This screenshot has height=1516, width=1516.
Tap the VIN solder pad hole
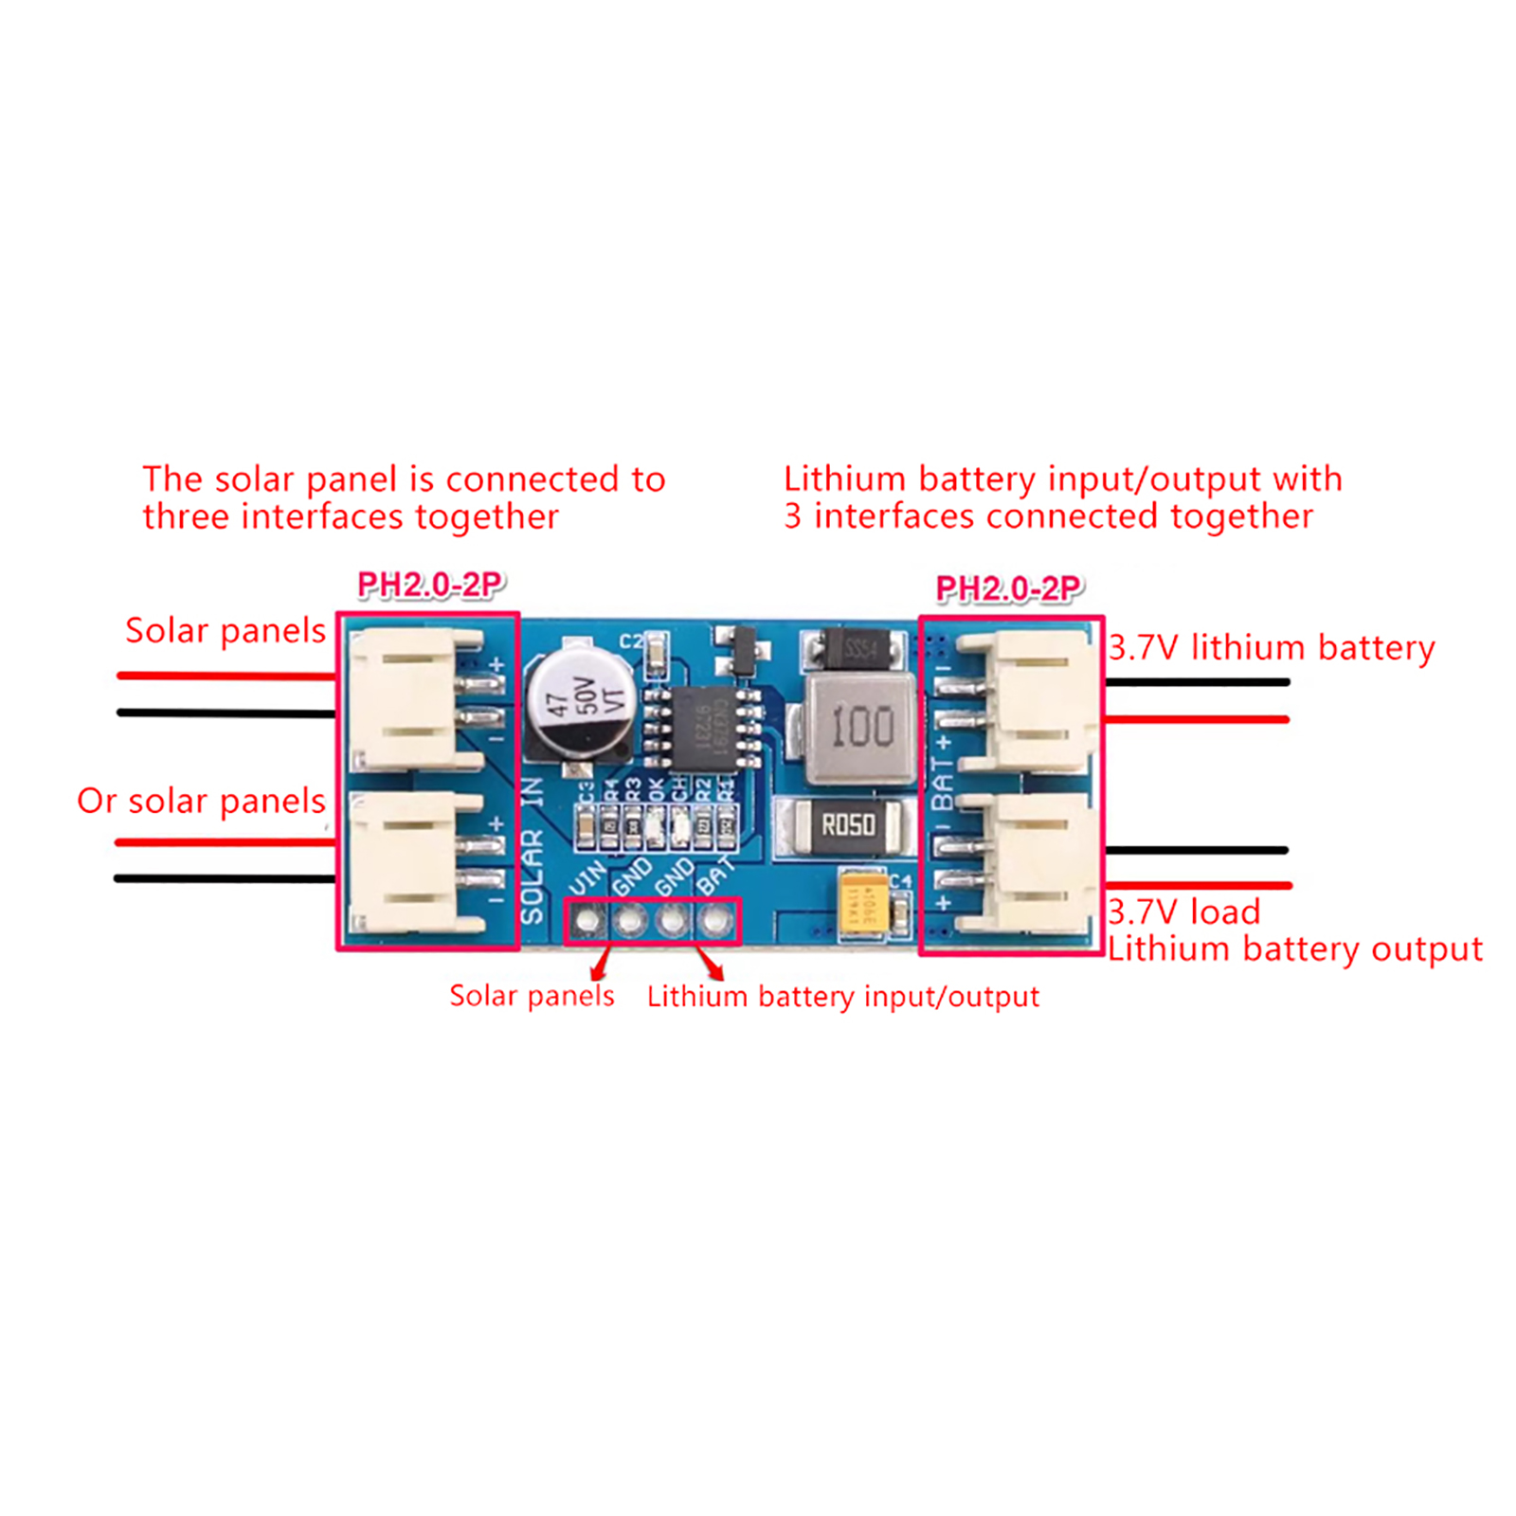pos(587,920)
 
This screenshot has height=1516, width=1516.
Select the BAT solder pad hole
pos(716,920)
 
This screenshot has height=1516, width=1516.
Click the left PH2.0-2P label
pos(430,586)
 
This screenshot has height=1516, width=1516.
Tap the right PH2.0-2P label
pos(1008,588)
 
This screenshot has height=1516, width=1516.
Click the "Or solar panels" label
pos(201,801)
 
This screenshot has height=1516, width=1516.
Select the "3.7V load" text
pos(1184,911)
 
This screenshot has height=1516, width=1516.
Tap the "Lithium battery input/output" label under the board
pos(842,997)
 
